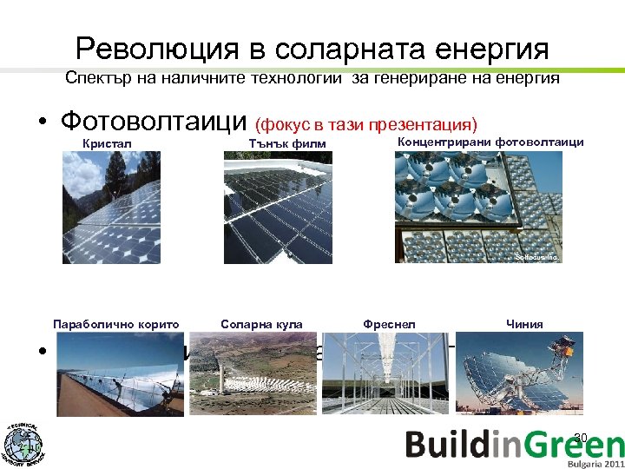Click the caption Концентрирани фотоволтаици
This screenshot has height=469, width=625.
(x=490, y=142)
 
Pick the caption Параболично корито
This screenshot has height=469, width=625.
(x=116, y=324)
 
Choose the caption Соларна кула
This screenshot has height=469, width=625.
(x=261, y=324)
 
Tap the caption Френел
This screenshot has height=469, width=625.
(x=389, y=324)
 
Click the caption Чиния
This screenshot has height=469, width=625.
(x=524, y=324)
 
